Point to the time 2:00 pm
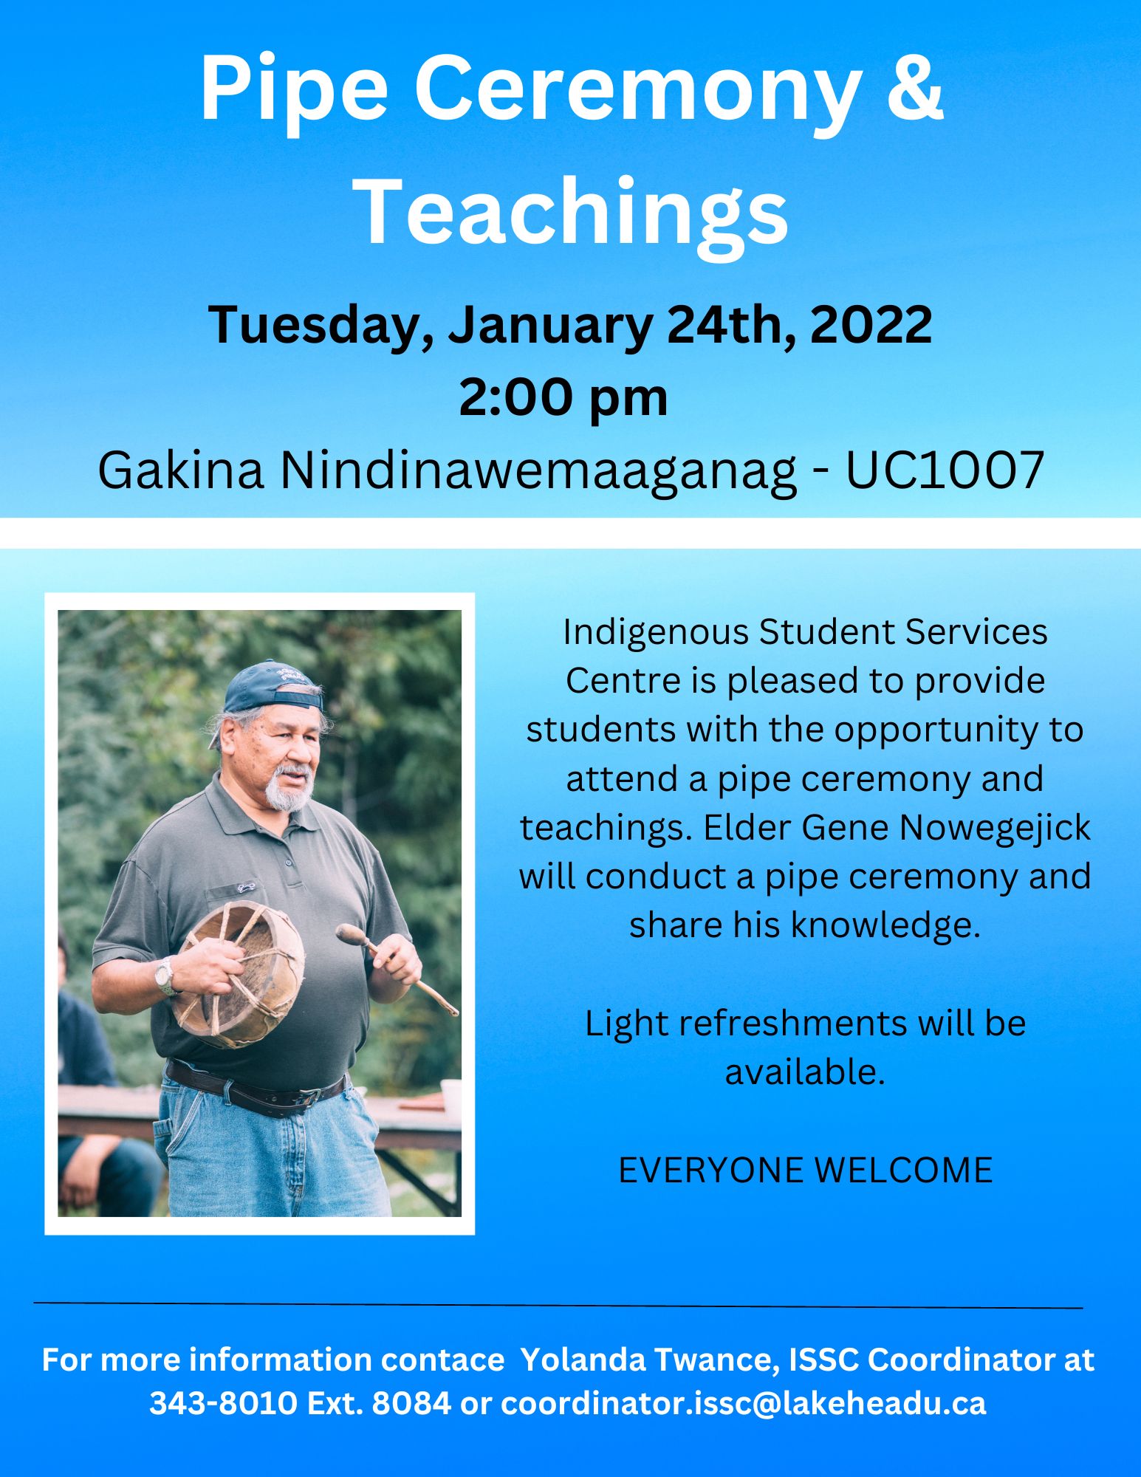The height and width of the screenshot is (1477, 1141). tap(563, 399)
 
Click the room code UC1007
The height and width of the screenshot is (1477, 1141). tap(945, 470)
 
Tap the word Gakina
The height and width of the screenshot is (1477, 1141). tap(181, 470)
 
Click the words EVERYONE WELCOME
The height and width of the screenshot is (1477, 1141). tap(805, 1171)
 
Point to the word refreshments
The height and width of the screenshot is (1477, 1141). tap(793, 1024)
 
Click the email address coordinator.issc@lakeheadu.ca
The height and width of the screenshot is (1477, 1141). tap(744, 1403)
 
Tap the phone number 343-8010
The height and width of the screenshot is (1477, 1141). tap(224, 1403)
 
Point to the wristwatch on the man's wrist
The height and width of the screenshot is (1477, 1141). tap(165, 976)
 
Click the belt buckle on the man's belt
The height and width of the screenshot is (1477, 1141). tap(309, 1097)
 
